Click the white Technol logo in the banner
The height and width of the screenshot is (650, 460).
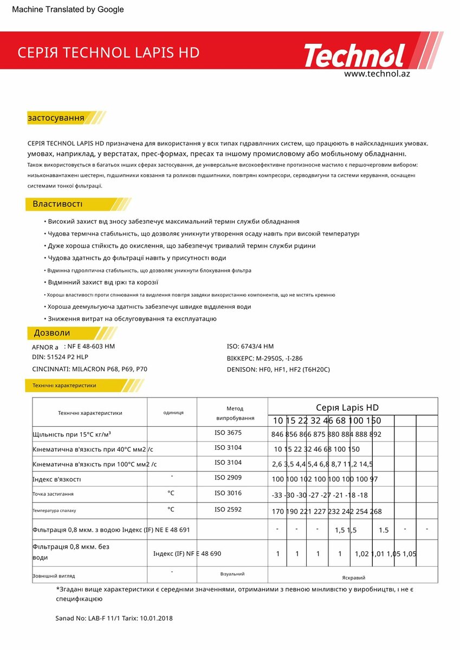(x=354, y=56)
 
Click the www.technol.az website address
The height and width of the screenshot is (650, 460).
(x=377, y=74)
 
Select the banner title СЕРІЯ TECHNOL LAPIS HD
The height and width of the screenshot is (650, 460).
(x=108, y=53)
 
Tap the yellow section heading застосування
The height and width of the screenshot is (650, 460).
(x=56, y=118)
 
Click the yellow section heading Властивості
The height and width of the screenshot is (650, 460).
(x=57, y=204)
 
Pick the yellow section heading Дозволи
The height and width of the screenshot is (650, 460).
(x=52, y=333)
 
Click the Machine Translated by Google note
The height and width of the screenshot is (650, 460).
(x=68, y=9)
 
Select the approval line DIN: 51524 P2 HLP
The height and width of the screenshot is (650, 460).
(x=60, y=357)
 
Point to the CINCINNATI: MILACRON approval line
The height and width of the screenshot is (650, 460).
(x=89, y=369)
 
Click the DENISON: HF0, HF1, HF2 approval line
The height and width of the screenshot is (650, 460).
(x=278, y=369)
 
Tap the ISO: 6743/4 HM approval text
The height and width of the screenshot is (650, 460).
(x=250, y=346)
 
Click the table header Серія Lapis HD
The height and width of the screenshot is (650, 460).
(x=347, y=407)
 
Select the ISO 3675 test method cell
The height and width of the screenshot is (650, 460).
(x=228, y=433)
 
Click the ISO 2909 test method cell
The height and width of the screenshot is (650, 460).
(x=228, y=478)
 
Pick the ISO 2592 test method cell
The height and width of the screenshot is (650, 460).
(x=228, y=509)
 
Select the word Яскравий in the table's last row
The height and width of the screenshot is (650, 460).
(x=353, y=577)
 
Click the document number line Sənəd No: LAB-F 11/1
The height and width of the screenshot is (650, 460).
(x=114, y=618)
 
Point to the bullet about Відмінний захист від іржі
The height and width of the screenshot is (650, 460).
(x=103, y=282)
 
